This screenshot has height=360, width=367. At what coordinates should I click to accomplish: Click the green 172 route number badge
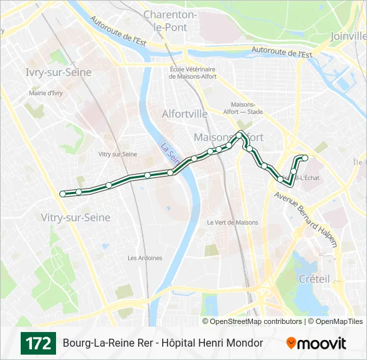pyautogui.click(x=38, y=343)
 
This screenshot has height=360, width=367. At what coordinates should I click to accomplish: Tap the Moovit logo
pyautogui.click(x=316, y=343)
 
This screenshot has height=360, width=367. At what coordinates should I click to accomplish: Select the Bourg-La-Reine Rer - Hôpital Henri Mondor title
pyautogui.click(x=163, y=343)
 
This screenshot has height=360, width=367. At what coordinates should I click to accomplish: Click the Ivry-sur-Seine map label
pyautogui.click(x=53, y=72)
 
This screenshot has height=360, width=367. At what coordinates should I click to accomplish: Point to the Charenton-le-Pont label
pyautogui.click(x=189, y=21)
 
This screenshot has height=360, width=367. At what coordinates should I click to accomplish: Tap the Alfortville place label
pyautogui.click(x=185, y=114)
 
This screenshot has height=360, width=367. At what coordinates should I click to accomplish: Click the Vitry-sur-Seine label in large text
pyautogui.click(x=75, y=217)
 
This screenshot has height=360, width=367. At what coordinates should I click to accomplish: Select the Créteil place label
pyautogui.click(x=314, y=279)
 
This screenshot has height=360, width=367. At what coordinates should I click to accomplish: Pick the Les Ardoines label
pyautogui.click(x=145, y=258)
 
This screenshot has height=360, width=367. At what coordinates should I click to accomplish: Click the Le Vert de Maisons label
pyautogui.click(x=232, y=222)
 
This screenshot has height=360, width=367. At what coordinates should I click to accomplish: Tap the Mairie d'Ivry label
pyautogui.click(x=45, y=93)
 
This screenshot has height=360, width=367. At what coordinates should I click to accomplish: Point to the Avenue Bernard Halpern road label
pyautogui.click(x=306, y=219)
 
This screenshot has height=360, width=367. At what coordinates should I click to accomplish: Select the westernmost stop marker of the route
pyautogui.click(x=63, y=194)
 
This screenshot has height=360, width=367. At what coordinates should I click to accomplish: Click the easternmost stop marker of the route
pyautogui.click(x=305, y=158)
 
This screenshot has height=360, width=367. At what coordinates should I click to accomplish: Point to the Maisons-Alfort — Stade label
pyautogui.click(x=247, y=108)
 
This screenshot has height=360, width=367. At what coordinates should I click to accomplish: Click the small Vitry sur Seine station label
pyautogui.click(x=117, y=154)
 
